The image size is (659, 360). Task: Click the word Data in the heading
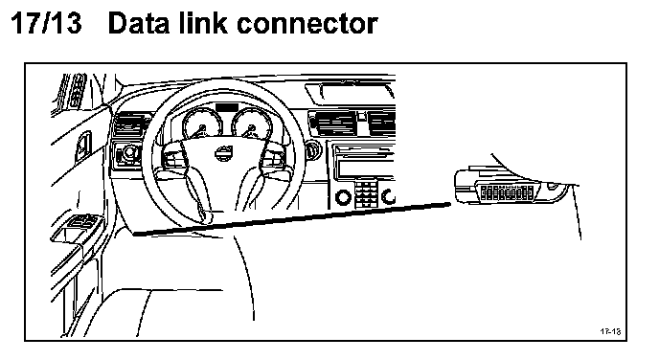point(140,23)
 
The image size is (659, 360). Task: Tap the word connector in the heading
point(307,24)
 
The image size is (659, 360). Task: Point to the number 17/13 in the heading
point(45,23)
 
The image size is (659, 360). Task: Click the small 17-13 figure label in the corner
point(610,331)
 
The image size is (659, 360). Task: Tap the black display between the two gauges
point(227,107)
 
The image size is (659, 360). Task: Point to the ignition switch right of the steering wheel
point(311,151)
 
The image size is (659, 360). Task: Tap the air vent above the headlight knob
point(129,124)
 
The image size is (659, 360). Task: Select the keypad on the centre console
point(366,194)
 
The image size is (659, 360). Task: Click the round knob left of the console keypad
point(343,196)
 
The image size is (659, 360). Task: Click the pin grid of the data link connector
point(507,192)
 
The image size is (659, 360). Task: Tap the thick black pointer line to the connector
point(292,219)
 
